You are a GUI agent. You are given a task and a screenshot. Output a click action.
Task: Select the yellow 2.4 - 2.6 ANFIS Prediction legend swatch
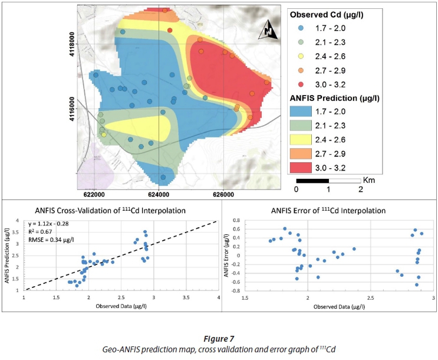309,139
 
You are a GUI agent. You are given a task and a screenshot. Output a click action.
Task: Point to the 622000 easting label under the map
94,194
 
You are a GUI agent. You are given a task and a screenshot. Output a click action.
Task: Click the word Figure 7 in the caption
219,338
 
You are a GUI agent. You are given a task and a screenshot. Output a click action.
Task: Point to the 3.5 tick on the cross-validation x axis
186,299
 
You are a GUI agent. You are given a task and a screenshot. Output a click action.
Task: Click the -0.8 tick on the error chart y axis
237,290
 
